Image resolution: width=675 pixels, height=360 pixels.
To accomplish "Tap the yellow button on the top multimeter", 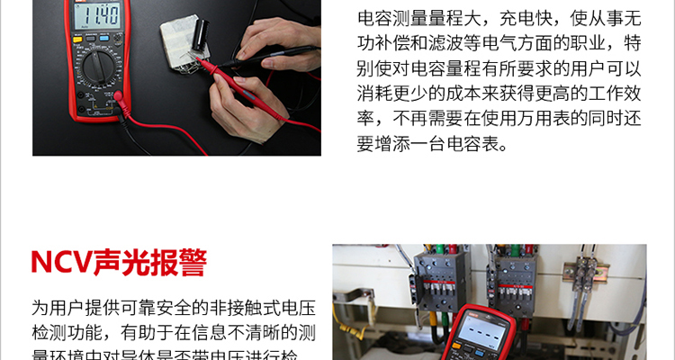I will tap(77, 40).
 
